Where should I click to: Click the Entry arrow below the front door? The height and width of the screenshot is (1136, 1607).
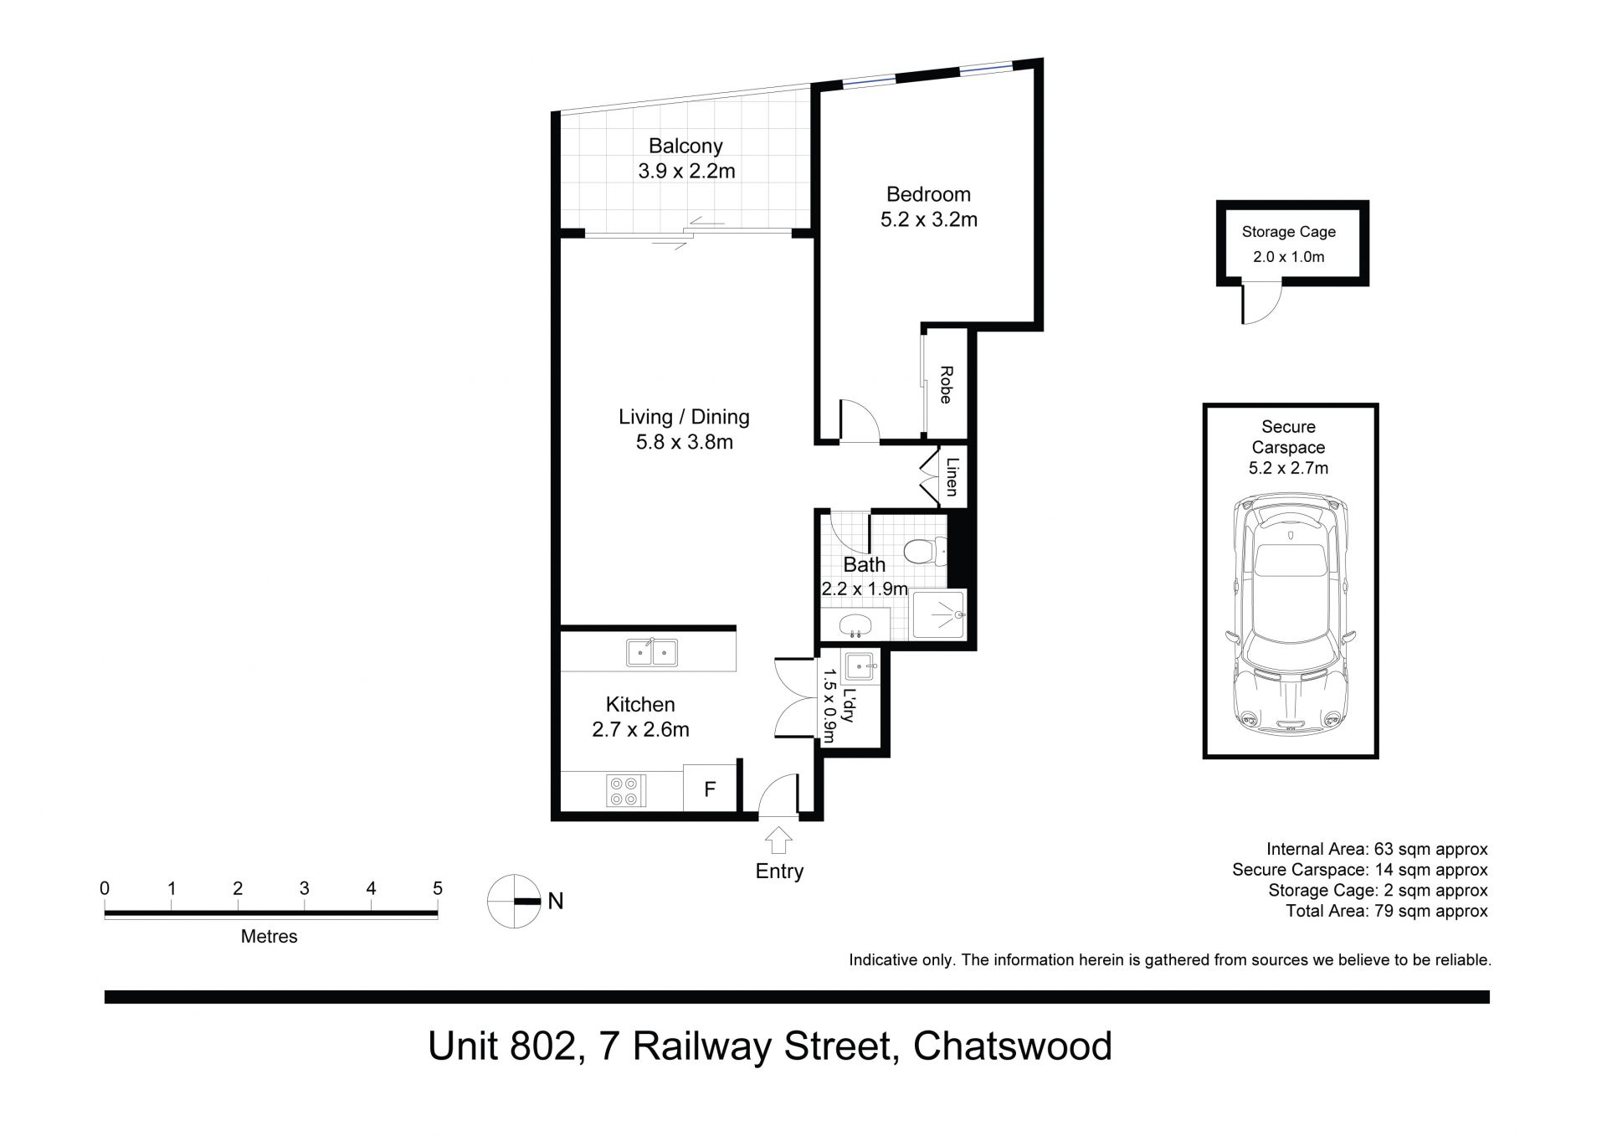[x=778, y=840]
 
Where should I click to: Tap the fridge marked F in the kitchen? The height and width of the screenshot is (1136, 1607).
[x=710, y=788]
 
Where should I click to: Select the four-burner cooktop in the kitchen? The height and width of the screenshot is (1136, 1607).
[x=626, y=790]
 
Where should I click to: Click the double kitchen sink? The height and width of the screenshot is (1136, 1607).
[x=652, y=651]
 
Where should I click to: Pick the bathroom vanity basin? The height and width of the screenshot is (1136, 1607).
[x=855, y=623]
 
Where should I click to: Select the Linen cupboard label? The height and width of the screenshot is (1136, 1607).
[x=952, y=476]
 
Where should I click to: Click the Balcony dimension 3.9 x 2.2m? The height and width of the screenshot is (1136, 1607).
[x=686, y=172]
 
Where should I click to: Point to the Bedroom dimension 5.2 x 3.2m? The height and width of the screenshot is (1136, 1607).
[x=929, y=220]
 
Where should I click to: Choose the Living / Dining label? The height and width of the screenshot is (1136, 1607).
[x=684, y=417]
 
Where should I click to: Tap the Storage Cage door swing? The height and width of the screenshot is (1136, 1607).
[x=1262, y=303]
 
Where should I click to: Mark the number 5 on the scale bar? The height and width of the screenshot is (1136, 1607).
[x=437, y=888]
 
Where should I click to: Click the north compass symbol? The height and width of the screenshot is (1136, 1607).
[x=514, y=901]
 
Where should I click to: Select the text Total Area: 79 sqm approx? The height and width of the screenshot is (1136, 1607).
[x=1387, y=911]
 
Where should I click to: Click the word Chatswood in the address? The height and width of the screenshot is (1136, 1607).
[x=1013, y=1046]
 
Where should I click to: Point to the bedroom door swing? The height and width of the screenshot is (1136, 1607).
[x=860, y=420]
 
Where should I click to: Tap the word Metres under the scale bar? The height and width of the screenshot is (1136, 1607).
[x=270, y=937]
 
